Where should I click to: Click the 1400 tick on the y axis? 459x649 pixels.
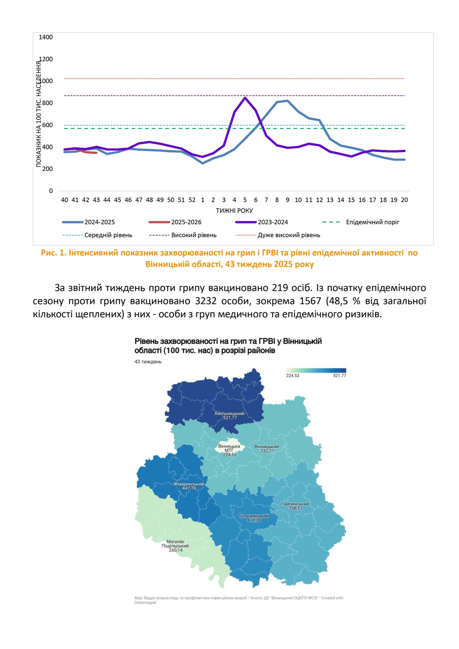tap(46, 37)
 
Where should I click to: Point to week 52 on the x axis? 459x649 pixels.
tap(192, 200)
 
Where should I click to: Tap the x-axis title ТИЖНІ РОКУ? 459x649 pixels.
tap(234, 211)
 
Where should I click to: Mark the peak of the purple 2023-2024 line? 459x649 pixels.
tap(245, 98)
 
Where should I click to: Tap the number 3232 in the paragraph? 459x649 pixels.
tap(206, 301)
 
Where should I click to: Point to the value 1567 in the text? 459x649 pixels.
tap(310, 301)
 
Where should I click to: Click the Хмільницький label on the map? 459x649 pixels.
tap(229, 413)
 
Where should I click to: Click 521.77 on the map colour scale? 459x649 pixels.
tap(339, 376)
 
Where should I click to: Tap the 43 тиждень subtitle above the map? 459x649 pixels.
tap(148, 362)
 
